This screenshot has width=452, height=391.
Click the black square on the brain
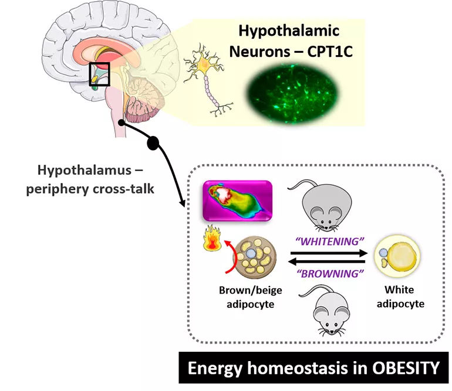click(99, 74)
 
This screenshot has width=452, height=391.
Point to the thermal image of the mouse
click(237, 200)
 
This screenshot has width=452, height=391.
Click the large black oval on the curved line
click(153, 142)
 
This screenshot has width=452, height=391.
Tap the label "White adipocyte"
click(399, 297)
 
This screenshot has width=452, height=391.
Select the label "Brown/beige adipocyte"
click(248, 297)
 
